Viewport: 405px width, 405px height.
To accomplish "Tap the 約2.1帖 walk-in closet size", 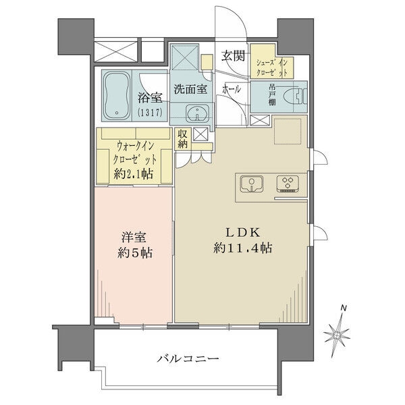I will [x=134, y=174].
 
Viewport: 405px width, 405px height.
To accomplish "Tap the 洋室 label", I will [x=132, y=238].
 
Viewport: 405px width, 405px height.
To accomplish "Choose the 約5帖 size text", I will [x=132, y=254].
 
